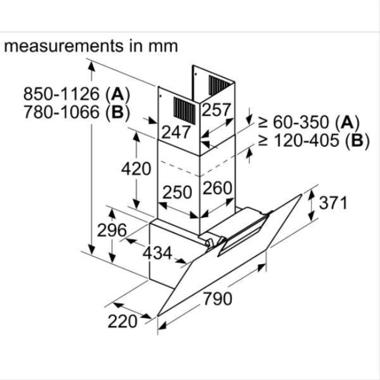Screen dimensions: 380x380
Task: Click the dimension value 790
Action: click(x=218, y=298)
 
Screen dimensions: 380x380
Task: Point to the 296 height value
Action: click(x=112, y=230)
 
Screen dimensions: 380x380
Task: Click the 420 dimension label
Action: click(x=136, y=169)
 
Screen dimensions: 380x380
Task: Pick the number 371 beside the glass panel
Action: click(x=333, y=203)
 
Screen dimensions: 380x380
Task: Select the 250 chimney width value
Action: click(x=177, y=192)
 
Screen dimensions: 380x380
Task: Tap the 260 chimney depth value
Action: click(x=217, y=188)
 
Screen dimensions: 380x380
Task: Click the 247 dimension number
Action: click(x=176, y=132)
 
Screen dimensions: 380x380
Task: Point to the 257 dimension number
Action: click(x=216, y=110)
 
